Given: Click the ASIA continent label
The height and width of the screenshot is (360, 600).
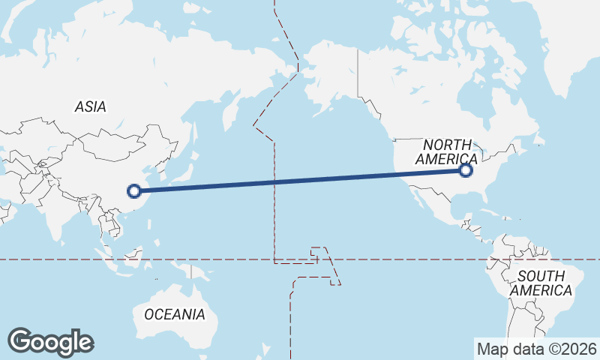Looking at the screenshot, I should click(x=90, y=106).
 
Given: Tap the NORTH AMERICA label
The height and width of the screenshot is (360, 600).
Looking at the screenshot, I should click(x=446, y=151).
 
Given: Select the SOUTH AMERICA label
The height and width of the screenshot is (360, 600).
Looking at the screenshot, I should click(x=540, y=283).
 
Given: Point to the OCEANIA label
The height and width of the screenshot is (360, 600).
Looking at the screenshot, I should click(x=174, y=314).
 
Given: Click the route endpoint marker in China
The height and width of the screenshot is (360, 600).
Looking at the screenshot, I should click(x=134, y=190).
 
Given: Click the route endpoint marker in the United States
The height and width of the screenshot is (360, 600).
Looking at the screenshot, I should click(x=466, y=170).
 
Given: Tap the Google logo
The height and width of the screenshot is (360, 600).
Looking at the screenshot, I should click(x=50, y=342).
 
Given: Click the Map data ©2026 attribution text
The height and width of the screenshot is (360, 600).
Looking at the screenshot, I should click(x=537, y=349).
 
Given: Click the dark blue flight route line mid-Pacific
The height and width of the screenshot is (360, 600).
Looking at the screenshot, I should click(x=300, y=180).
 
